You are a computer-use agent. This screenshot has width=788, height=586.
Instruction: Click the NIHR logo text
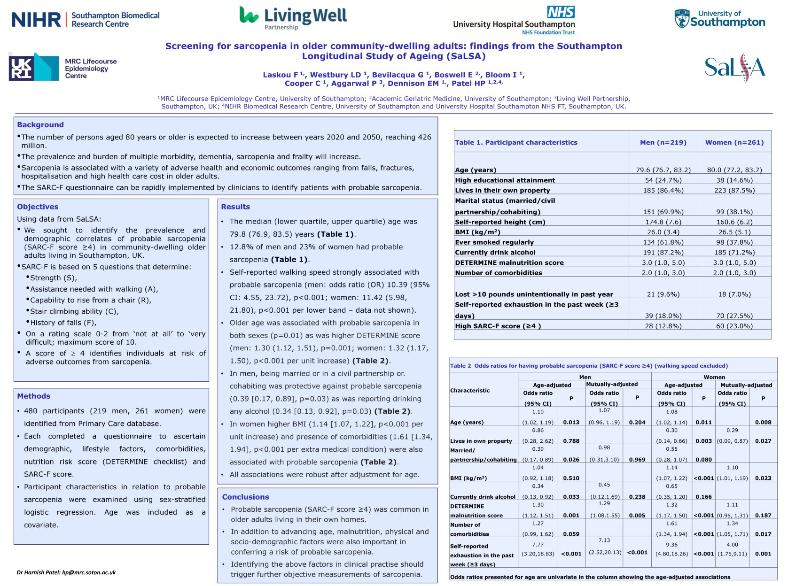[37, 20]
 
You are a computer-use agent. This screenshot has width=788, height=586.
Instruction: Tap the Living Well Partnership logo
[293, 18]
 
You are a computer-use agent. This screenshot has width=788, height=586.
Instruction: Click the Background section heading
[40, 125]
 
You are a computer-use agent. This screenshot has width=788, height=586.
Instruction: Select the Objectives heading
[38, 207]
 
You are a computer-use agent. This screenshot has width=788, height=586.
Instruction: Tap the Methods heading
[33, 396]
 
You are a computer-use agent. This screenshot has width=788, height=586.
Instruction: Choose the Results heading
[235, 207]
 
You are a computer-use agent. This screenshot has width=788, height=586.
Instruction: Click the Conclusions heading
[245, 497]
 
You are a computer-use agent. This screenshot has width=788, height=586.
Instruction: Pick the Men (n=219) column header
[663, 142]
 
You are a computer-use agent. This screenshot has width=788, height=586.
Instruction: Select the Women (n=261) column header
[734, 142]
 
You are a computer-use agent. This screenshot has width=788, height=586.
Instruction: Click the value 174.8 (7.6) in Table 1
[663, 222]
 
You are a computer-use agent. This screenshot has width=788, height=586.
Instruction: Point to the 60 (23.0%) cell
[734, 326]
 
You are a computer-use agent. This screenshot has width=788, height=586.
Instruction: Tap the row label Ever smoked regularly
[494, 242]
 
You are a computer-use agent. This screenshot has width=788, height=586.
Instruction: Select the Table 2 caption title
[589, 366]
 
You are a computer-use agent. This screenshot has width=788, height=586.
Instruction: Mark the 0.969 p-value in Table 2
[637, 460]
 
